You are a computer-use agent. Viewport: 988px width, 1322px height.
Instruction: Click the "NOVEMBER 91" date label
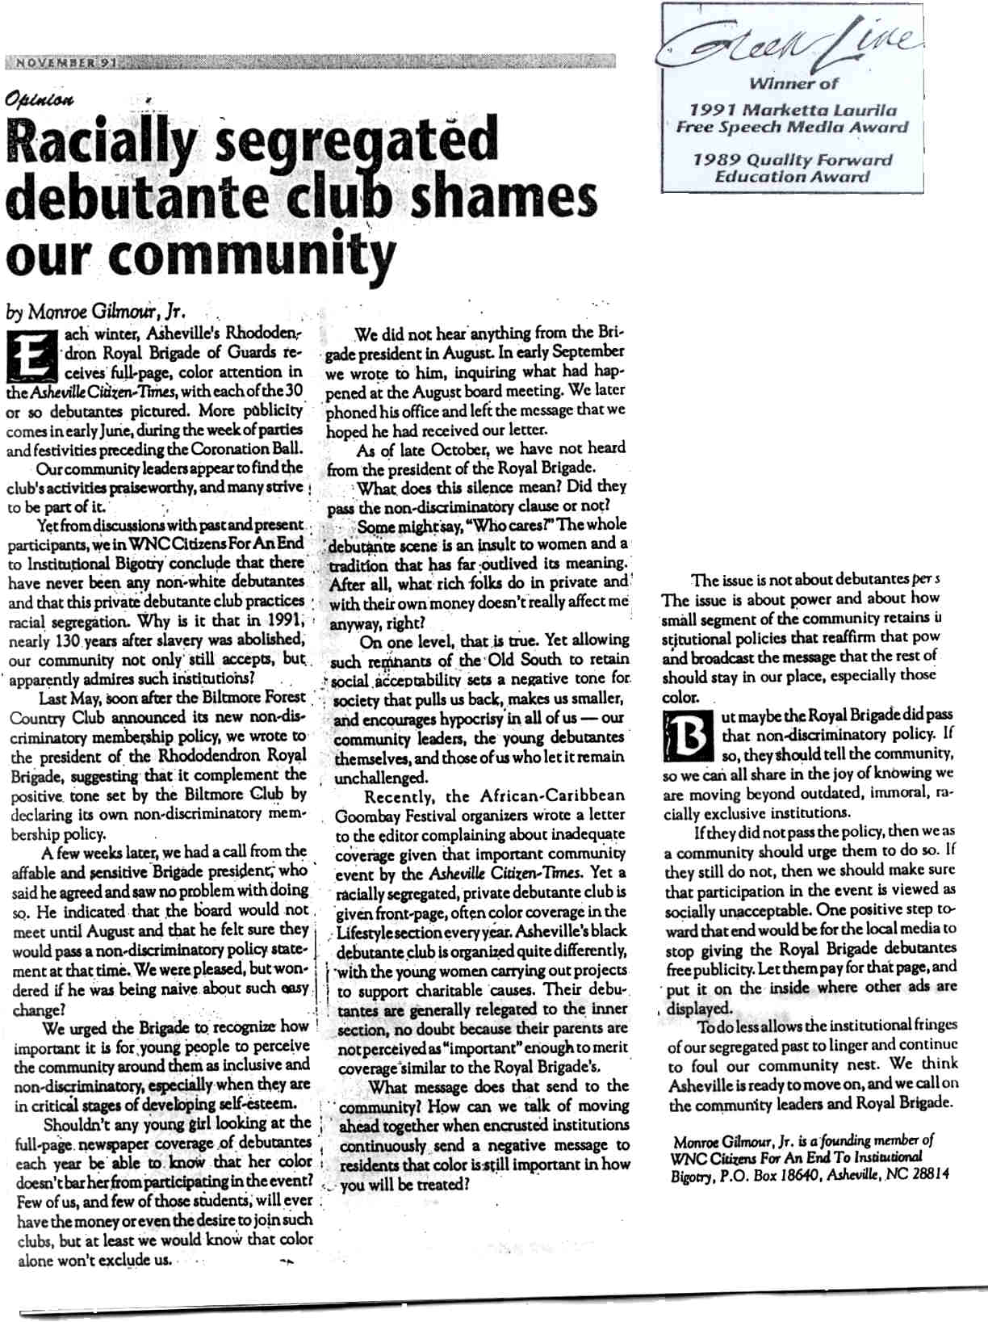61,62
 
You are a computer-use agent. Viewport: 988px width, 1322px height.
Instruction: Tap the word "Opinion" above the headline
40,100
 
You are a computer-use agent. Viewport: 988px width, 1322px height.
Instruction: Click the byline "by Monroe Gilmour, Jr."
92,312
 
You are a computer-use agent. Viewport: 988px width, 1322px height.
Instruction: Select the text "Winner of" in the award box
792,82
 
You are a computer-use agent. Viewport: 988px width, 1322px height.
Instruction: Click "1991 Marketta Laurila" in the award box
792,110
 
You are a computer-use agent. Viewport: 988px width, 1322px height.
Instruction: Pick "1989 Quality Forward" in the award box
792,159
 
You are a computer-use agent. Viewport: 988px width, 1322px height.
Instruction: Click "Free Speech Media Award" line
792,127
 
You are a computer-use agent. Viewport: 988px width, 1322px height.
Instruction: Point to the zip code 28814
930,1175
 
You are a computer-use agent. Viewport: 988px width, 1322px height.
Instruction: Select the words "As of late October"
423,449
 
